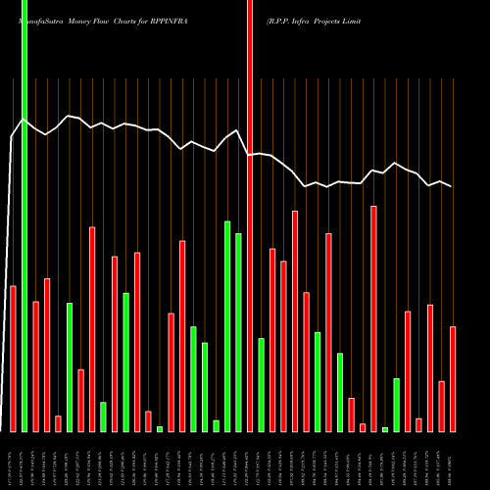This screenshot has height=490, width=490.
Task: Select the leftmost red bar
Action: coord(13,358)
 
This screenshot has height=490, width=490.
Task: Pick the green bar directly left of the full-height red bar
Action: coord(238,332)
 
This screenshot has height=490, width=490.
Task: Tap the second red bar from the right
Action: coord(442,406)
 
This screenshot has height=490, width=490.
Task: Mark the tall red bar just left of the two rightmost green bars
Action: coord(373,318)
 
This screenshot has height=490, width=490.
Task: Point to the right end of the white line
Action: coord(452,186)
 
